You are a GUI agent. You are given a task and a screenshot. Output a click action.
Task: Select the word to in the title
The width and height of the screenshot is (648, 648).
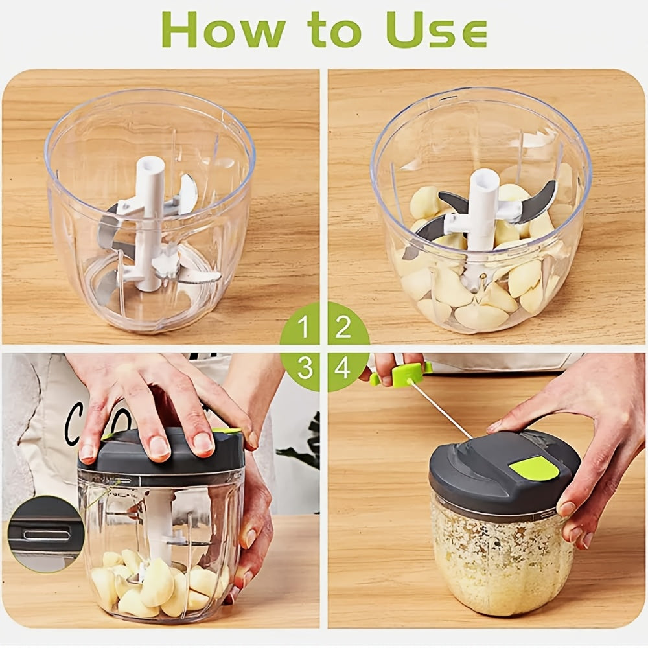(x=336, y=31)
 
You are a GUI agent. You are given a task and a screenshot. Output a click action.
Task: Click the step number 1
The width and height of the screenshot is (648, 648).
(x=304, y=329)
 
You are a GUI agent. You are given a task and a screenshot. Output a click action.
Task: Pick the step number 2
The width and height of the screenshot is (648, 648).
(x=343, y=329)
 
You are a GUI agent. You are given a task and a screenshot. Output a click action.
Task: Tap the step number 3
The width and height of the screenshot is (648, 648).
(x=304, y=368)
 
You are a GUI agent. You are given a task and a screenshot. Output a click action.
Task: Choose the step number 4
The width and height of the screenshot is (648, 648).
(x=343, y=368)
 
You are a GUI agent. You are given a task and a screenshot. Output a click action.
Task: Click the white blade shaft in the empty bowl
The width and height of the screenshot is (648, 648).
(x=149, y=220)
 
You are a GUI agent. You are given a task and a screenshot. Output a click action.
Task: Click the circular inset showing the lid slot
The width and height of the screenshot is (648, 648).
(x=45, y=533)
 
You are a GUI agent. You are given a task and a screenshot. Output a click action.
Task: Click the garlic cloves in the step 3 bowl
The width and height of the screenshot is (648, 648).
(x=156, y=583)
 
